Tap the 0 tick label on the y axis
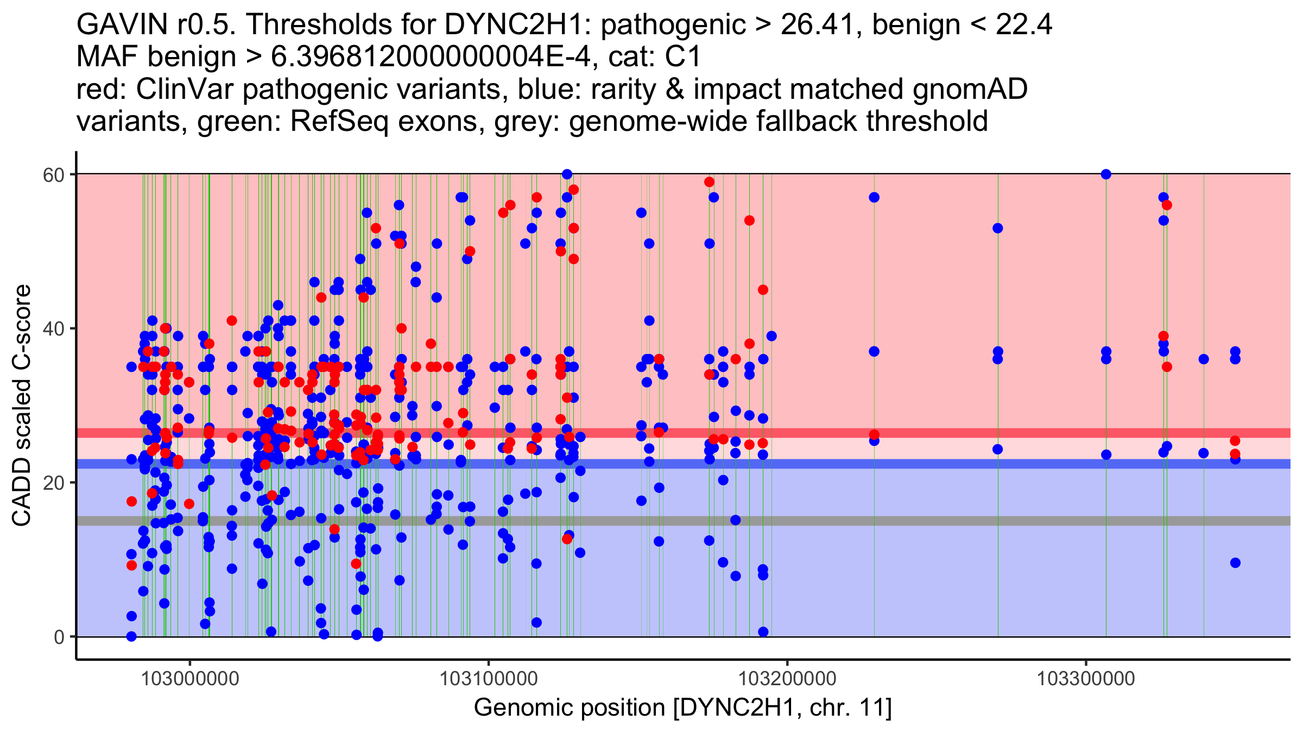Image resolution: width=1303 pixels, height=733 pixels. click(59, 637)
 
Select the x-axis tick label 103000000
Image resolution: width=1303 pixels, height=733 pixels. click(189, 679)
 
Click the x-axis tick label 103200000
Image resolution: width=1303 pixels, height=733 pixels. click(787, 679)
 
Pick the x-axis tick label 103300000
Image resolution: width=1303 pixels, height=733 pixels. click(1086, 679)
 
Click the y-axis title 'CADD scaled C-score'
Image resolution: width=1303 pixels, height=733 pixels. click(22, 406)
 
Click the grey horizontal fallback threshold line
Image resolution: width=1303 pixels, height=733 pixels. click(923, 521)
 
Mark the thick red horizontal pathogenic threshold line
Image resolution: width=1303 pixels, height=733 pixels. click(923, 433)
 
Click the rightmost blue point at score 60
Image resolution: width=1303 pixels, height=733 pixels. click(1106, 174)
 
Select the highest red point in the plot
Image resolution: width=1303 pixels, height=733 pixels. click(709, 182)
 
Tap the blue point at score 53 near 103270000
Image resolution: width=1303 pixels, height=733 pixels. click(997, 228)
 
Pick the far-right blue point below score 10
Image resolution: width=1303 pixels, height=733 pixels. click(1235, 563)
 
